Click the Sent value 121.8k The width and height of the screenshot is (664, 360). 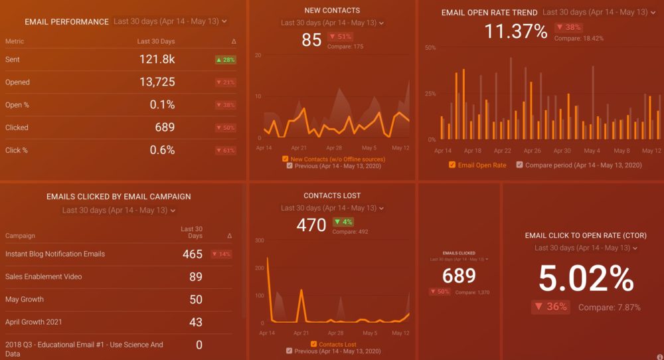[157, 60]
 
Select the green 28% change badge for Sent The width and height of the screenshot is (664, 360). [225, 60]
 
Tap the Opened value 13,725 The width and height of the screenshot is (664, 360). [157, 82]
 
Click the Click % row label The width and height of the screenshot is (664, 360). [17, 150]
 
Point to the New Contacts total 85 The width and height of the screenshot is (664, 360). [311, 40]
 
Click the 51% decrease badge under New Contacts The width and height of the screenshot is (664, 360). [341, 37]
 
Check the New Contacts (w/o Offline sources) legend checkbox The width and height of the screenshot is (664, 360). [285, 159]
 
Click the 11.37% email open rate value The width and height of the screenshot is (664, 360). [515, 31]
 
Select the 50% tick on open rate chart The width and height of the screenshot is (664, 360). [430, 48]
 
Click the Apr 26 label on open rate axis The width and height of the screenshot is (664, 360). [533, 151]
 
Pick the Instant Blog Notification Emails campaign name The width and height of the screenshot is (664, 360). [55, 254]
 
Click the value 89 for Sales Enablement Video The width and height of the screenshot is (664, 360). [195, 277]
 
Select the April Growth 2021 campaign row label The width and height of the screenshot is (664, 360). [34, 322]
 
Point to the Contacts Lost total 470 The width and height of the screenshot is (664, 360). [311, 225]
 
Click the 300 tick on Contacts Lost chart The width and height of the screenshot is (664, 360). [260, 240]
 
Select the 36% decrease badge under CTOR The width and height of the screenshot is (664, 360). [550, 307]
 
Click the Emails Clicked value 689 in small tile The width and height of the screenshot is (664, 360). [459, 275]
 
